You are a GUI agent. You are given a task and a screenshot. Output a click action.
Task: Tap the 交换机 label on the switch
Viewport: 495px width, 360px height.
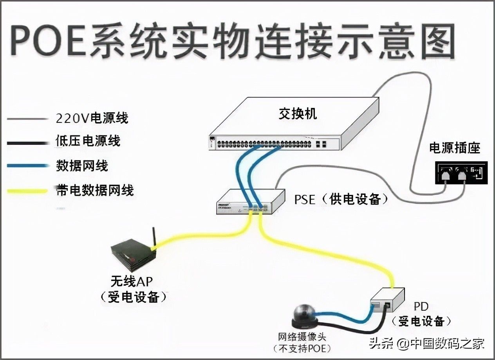coord(298,114)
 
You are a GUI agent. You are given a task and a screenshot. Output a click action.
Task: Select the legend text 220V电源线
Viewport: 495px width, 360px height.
coord(92,118)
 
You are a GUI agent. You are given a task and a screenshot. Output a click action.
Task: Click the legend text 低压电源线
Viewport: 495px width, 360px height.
coord(88,141)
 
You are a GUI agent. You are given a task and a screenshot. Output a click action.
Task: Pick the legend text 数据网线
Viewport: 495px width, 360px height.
coord(82,166)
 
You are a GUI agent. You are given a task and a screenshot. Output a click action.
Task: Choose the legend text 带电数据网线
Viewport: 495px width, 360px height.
coord(95,191)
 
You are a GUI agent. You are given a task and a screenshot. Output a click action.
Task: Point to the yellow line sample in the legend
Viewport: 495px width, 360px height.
coord(27,191)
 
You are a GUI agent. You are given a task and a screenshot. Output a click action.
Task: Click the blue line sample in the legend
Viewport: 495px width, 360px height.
coord(27,166)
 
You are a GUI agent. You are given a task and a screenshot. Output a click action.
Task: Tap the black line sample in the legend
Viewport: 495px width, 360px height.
coord(27,143)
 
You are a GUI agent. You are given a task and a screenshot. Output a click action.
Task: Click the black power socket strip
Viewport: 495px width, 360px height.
coord(461,176)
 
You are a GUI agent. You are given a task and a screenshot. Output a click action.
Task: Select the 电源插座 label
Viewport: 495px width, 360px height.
coord(455,148)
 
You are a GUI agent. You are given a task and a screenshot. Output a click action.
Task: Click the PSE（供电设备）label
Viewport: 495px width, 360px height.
coord(341,200)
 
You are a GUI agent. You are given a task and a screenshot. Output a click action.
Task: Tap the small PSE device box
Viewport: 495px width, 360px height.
coord(251,202)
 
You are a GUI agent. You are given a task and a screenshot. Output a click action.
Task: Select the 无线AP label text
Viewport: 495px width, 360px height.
coord(132,282)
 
